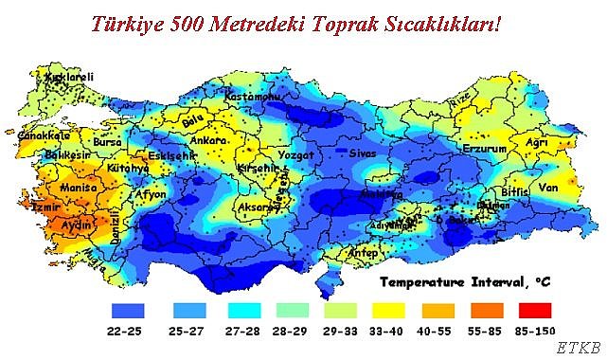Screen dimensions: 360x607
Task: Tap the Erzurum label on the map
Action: (483, 150)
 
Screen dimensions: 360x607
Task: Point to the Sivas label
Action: (364, 153)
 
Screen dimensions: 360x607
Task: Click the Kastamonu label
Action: (252, 97)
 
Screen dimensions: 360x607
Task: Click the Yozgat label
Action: (294, 155)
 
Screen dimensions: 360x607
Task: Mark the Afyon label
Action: (152, 194)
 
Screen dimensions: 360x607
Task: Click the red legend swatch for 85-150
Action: (535, 310)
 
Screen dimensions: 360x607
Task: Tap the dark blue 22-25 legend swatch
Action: (126, 310)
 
